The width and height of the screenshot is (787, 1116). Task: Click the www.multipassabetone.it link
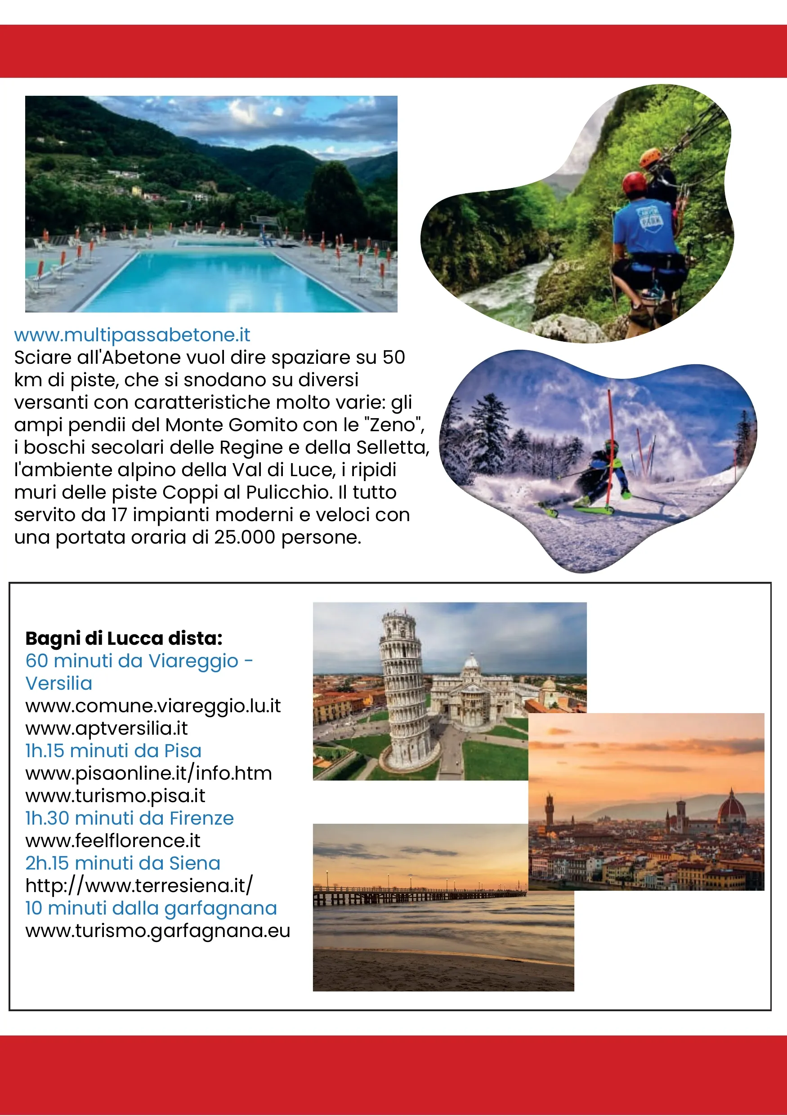(x=132, y=335)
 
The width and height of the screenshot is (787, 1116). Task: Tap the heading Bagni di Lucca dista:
(x=124, y=638)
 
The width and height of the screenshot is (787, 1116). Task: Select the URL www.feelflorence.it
(x=113, y=840)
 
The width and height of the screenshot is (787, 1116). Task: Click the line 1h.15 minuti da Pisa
(x=113, y=750)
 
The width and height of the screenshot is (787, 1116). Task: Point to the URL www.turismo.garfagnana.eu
(x=157, y=930)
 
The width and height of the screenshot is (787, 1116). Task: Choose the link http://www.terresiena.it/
(x=139, y=886)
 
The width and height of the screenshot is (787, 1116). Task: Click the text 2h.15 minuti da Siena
(x=122, y=863)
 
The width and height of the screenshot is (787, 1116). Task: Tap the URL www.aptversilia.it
(x=107, y=728)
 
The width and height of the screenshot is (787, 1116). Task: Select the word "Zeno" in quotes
(x=394, y=425)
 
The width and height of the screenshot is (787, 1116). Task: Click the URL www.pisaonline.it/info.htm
(x=148, y=773)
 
